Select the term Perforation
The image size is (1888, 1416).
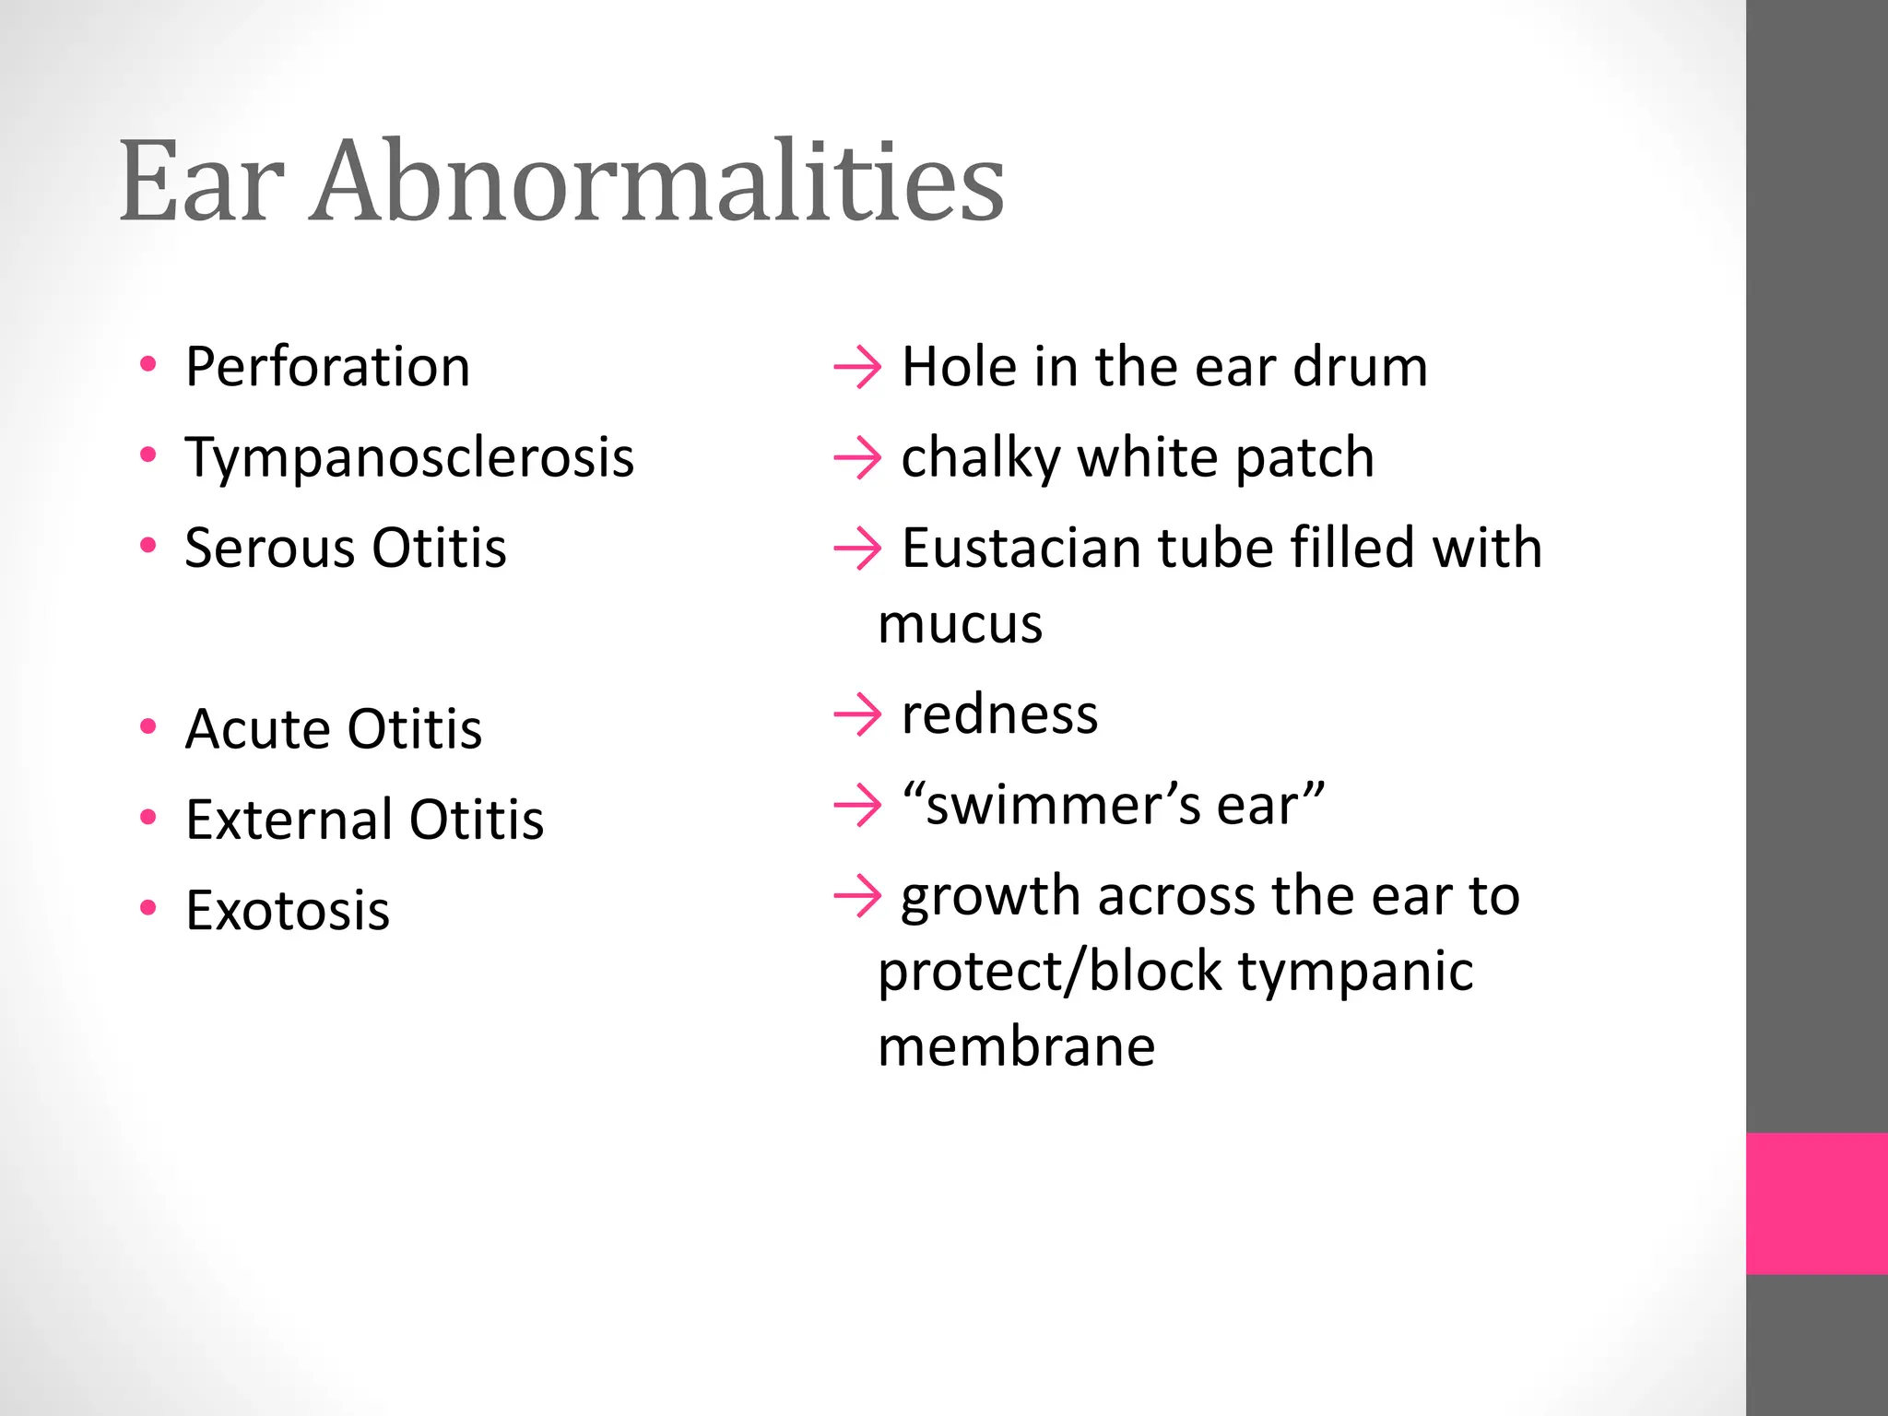[327, 367]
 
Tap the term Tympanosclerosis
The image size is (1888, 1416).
[409, 457]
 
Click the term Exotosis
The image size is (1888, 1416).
[288, 910]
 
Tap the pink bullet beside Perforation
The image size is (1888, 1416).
[148, 365]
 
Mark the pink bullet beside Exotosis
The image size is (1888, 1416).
[148, 908]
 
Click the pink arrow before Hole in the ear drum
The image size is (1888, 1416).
[857, 368]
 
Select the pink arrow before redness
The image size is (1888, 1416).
[857, 714]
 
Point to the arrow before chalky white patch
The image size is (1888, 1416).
[857, 458]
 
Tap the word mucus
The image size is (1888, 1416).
[960, 625]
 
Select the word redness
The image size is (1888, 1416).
[999, 714]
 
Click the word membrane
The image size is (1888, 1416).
[1016, 1047]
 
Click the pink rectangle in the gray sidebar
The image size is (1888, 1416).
[1816, 1203]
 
